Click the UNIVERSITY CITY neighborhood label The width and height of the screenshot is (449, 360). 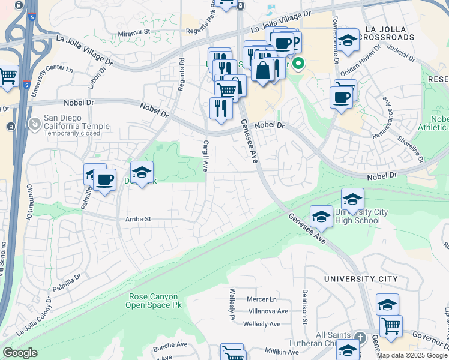click(360, 279)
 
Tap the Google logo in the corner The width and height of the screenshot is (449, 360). click(20, 353)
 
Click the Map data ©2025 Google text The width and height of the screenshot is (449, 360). click(412, 355)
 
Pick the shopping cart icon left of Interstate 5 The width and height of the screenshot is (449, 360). click(7, 76)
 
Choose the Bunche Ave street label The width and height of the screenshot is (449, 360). click(170, 345)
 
